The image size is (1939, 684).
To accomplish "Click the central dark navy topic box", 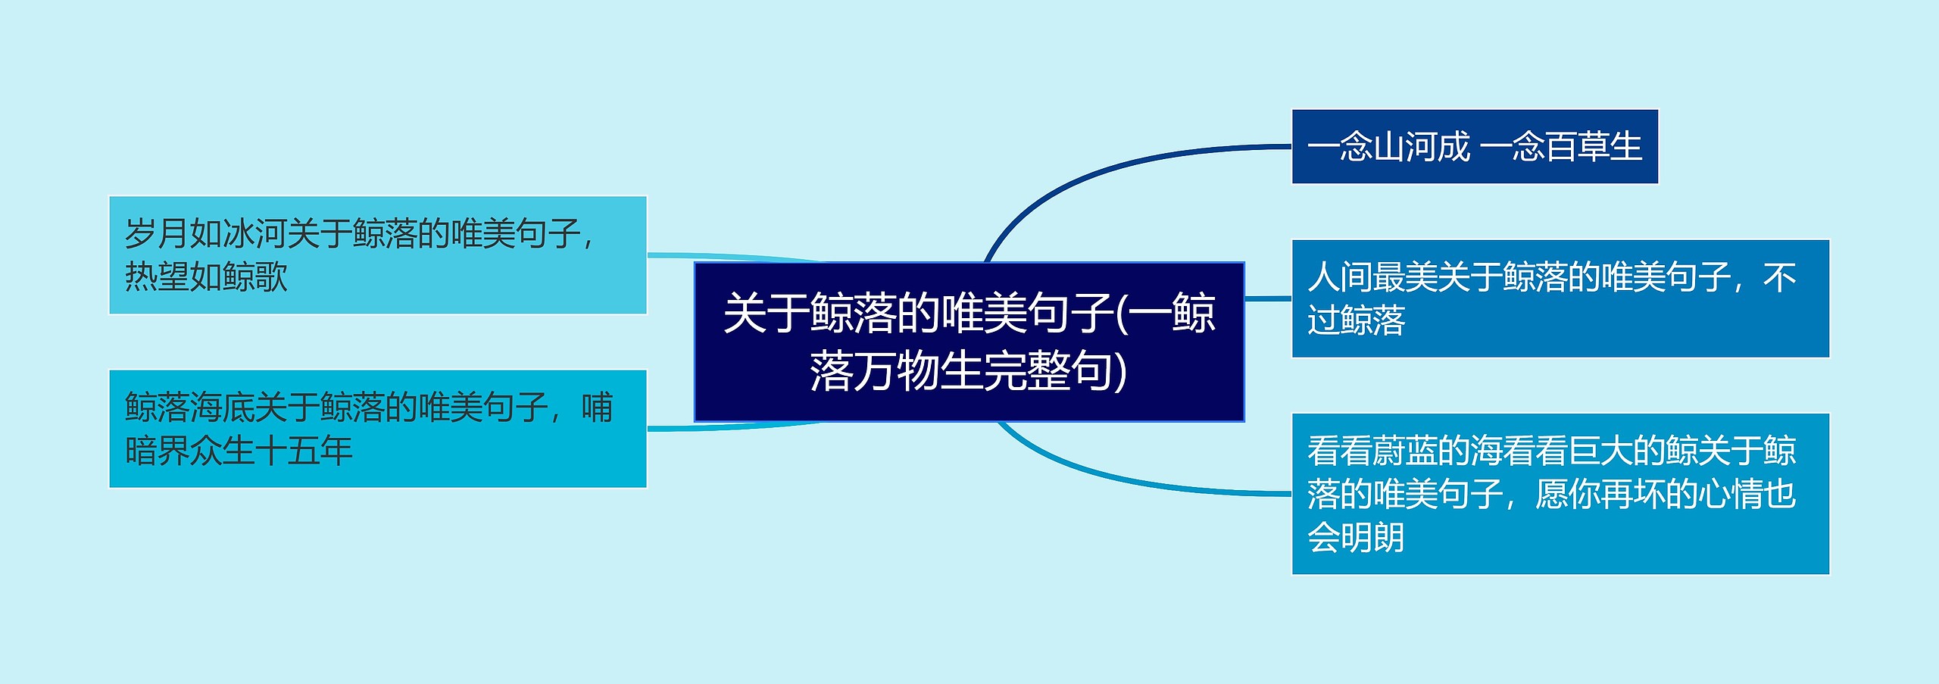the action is [969, 342].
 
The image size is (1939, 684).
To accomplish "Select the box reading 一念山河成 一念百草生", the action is [1475, 146].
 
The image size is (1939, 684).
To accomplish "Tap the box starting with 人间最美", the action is [1560, 298].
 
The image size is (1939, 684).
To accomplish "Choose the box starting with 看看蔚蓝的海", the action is [1560, 494].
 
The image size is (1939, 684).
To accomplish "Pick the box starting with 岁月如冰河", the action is [378, 255].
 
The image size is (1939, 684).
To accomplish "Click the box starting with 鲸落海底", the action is [378, 429].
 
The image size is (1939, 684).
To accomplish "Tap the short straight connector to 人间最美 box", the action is [1268, 298].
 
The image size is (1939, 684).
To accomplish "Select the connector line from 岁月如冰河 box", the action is [735, 257].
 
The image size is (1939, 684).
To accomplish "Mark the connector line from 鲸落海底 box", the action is [735, 427].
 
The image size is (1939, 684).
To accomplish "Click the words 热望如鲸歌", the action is [206, 276].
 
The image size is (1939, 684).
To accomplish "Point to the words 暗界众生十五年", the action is [239, 451].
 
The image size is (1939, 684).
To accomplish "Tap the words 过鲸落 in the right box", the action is [1357, 320].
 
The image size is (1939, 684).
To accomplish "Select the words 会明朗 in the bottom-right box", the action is [1357, 538].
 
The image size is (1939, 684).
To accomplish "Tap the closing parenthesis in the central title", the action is [1120, 373].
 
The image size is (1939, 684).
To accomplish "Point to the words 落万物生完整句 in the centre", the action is [960, 372].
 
